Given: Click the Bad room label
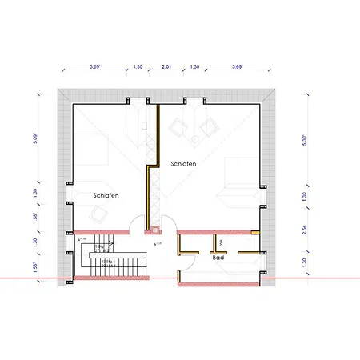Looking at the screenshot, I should pyautogui.click(x=218, y=258).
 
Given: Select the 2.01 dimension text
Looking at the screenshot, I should pyautogui.click(x=166, y=68).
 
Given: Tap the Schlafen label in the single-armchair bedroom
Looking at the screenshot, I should pyautogui.click(x=106, y=195).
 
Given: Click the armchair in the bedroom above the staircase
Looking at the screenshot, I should pyautogui.click(x=99, y=214).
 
